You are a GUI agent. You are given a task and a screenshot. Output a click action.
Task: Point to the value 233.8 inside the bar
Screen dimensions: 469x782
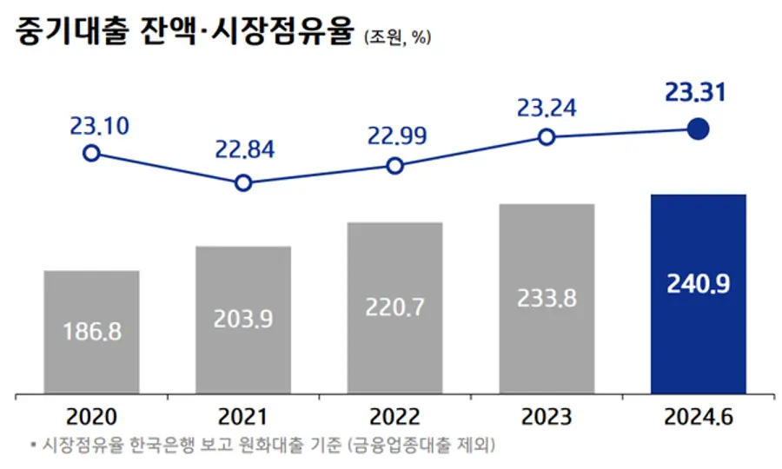[547, 298]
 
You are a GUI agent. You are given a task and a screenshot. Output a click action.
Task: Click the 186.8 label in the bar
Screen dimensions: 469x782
[91, 331]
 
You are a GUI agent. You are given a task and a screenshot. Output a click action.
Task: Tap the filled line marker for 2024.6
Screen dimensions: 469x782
[698, 129]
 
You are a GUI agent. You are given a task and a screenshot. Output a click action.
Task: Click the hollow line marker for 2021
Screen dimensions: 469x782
[243, 182]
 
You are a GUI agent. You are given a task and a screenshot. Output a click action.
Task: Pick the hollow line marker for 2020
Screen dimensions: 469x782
[91, 153]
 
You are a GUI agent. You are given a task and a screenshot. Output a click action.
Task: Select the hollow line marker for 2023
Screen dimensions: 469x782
[547, 136]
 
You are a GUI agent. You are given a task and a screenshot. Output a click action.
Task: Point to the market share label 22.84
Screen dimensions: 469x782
[244, 149]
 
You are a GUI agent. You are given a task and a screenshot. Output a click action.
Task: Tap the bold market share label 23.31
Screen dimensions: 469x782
[695, 91]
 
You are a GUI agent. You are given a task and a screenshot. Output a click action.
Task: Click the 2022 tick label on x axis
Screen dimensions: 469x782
[394, 416]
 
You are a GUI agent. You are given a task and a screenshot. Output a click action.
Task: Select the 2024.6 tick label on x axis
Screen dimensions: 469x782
[698, 416]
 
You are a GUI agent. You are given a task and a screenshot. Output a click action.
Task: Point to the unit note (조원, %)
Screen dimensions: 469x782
[398, 36]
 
